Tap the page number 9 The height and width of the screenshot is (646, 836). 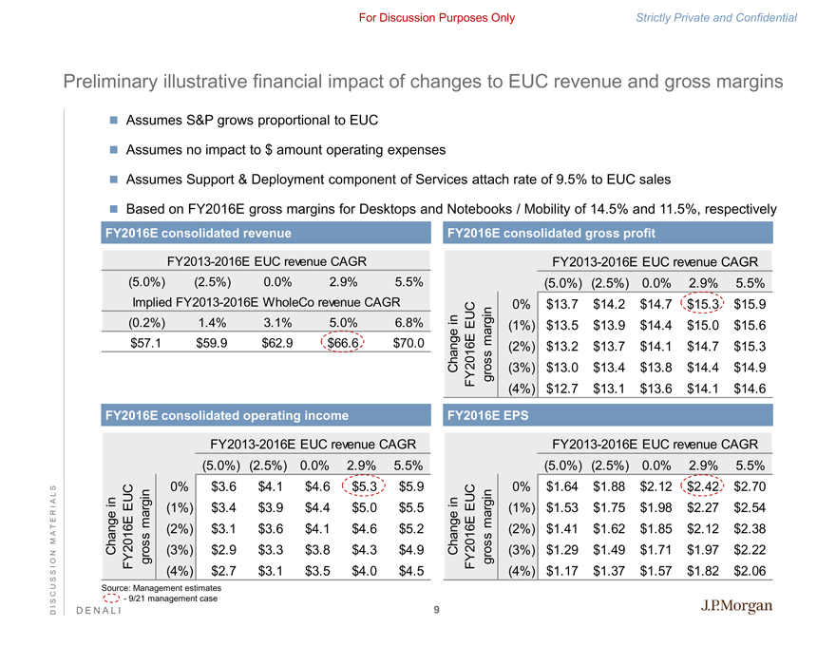coord(434,611)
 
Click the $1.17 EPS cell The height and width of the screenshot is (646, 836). coord(566,572)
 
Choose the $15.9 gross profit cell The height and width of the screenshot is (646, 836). coord(750,304)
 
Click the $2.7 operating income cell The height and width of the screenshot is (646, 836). coord(223,572)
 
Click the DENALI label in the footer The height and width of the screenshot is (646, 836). coord(96,611)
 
